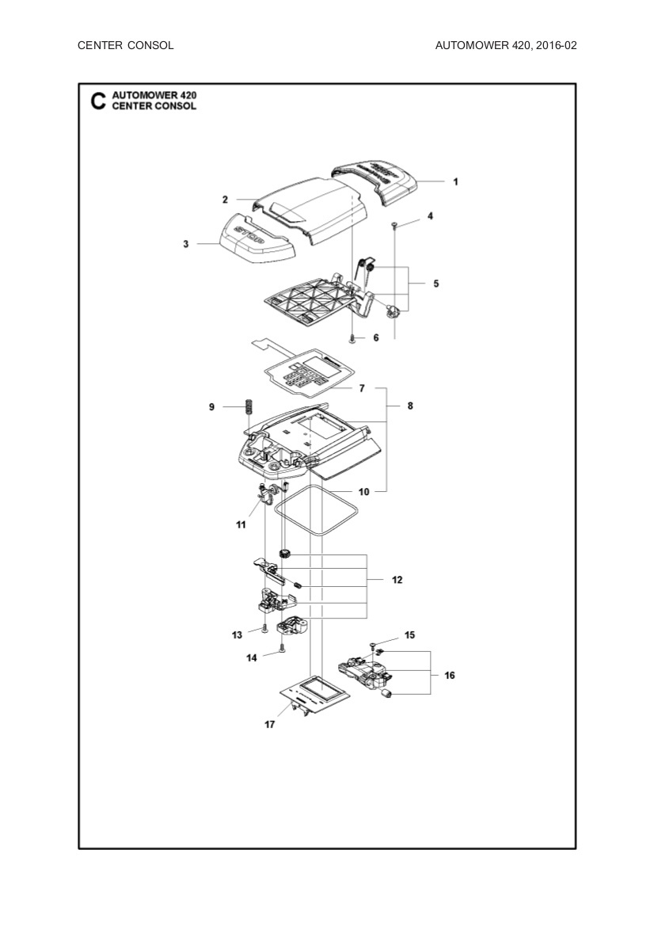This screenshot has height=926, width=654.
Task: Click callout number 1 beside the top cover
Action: point(455,181)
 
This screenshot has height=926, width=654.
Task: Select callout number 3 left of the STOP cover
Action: point(186,245)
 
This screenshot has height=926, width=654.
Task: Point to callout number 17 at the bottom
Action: point(270,724)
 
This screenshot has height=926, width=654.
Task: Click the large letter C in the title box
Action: point(97,101)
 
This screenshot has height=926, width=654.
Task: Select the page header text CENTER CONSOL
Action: point(126,45)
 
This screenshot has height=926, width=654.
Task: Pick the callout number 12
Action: point(397,580)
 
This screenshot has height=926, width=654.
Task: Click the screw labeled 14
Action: point(282,654)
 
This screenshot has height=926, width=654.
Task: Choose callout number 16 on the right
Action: point(450,676)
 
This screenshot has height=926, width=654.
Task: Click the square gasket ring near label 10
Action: point(317,512)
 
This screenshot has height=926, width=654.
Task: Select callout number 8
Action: point(410,406)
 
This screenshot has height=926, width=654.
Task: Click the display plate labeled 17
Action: point(317,691)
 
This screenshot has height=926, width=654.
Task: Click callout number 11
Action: point(241,525)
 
